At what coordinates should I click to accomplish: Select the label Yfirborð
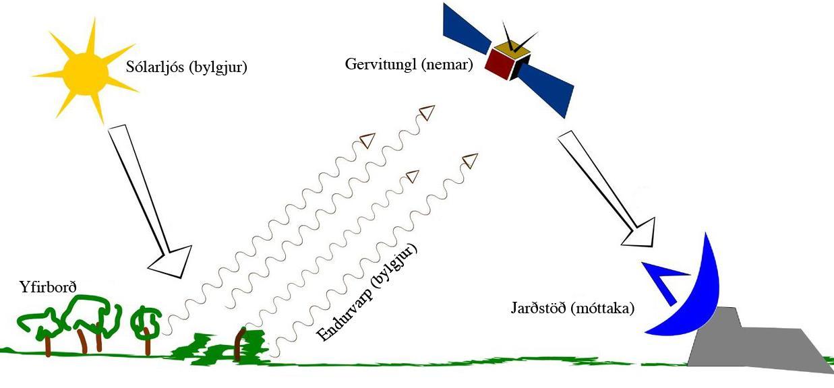(49, 288)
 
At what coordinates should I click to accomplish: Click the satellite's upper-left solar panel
(466, 30)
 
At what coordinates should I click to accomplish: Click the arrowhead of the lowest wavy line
(470, 160)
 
